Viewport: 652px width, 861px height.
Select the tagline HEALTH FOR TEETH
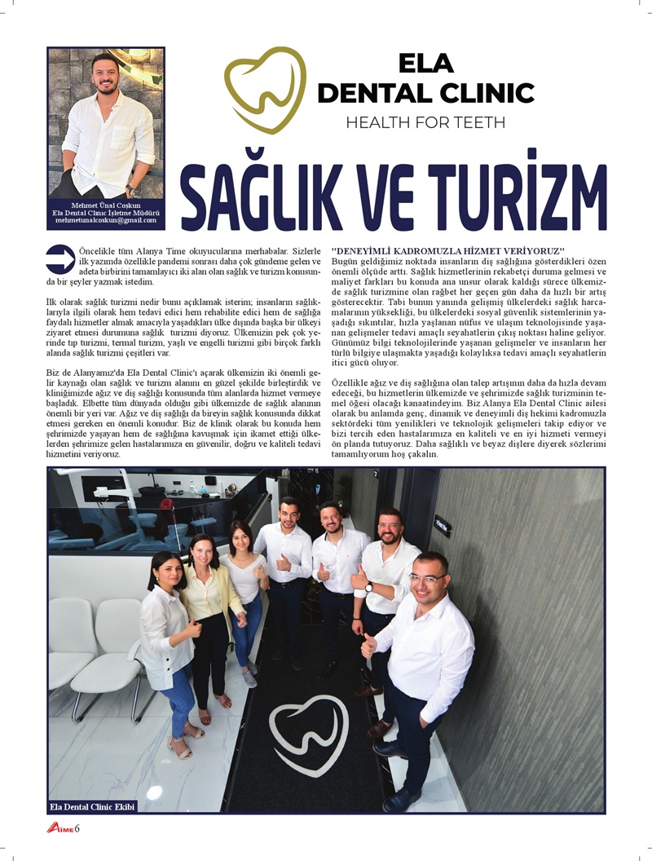point(425,123)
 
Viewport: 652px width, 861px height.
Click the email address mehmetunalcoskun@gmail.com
point(106,220)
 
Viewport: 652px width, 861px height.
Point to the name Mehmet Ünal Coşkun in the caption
point(106,205)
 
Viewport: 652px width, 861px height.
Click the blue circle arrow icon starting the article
point(61,258)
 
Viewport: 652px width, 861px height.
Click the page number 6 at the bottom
point(77,829)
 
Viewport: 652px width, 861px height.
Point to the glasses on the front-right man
point(427,577)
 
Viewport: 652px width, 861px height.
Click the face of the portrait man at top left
point(106,75)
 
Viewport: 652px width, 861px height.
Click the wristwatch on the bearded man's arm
point(368,586)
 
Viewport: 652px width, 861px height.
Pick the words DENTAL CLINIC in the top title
point(425,93)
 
